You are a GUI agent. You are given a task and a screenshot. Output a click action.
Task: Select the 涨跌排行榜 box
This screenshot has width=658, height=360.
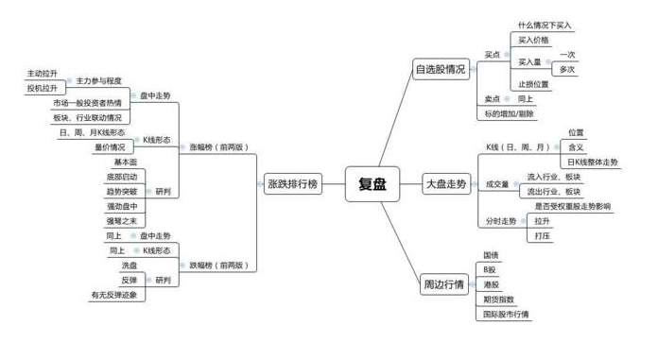pyautogui.click(x=289, y=185)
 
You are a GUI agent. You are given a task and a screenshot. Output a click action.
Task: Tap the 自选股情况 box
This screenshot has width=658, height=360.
pyautogui.click(x=440, y=69)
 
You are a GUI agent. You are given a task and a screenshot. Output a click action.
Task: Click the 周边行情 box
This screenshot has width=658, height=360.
pyautogui.click(x=442, y=284)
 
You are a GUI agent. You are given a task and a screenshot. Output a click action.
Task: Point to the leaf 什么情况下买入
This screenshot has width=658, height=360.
pyautogui.click(x=545, y=25)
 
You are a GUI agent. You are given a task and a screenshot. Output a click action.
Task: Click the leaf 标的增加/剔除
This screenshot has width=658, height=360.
pyautogui.click(x=508, y=113)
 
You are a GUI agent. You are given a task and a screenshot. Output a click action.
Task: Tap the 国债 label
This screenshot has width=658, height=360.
pyautogui.click(x=491, y=255)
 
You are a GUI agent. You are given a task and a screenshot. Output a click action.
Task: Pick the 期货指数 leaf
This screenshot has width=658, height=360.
pyautogui.click(x=498, y=299)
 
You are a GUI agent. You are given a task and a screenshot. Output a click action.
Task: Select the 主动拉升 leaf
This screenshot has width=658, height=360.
pyautogui.click(x=43, y=73)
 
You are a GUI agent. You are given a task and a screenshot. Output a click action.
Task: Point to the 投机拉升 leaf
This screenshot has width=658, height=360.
pyautogui.click(x=43, y=88)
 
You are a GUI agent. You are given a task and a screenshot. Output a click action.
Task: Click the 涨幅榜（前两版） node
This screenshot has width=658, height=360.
pyautogui.click(x=216, y=146)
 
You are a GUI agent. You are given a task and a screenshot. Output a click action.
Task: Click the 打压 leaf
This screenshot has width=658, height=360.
pyautogui.click(x=543, y=235)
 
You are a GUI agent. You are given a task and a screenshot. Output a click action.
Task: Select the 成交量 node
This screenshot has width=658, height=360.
pyautogui.click(x=497, y=183)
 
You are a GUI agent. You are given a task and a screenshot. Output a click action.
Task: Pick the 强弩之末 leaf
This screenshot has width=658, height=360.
pyautogui.click(x=122, y=220)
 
